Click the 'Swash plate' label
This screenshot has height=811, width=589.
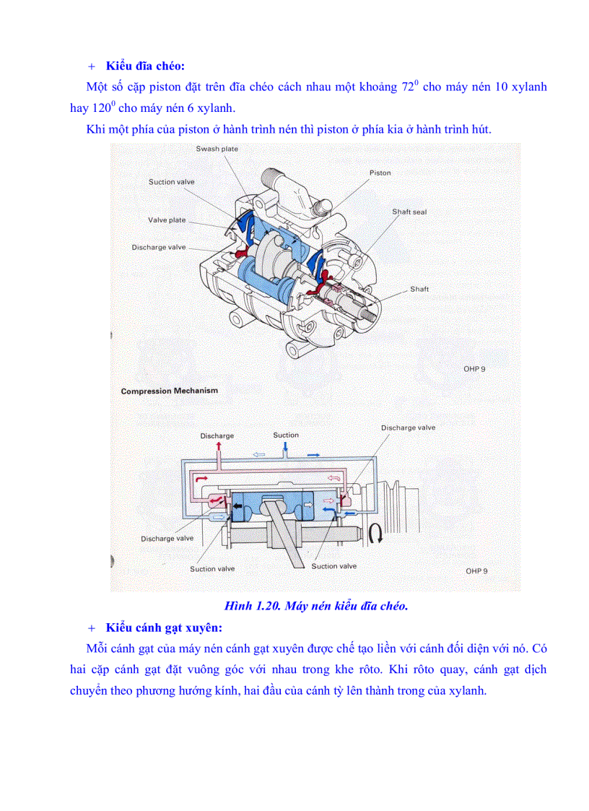[x=217, y=149]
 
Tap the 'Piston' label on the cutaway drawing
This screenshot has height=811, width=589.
[x=380, y=173]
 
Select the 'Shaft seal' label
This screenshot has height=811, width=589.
[x=409, y=212]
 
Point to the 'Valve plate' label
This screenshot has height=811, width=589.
[x=167, y=220]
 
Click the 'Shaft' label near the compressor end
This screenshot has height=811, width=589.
[x=419, y=289]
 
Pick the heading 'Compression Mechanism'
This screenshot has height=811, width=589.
[x=169, y=391]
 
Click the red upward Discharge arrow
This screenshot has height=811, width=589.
[x=218, y=448]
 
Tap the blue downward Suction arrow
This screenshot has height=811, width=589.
[x=287, y=448]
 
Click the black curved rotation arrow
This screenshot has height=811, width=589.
[x=375, y=534]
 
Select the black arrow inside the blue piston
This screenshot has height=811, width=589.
[x=237, y=509]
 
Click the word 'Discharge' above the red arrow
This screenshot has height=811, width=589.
[x=217, y=435]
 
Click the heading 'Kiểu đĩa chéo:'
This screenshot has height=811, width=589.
[x=145, y=66]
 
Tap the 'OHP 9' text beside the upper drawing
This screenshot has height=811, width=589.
[x=474, y=369]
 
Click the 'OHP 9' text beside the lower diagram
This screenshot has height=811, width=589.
[x=476, y=571]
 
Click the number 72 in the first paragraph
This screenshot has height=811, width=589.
[x=409, y=87]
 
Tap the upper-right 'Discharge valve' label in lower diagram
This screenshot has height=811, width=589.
[x=408, y=428]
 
